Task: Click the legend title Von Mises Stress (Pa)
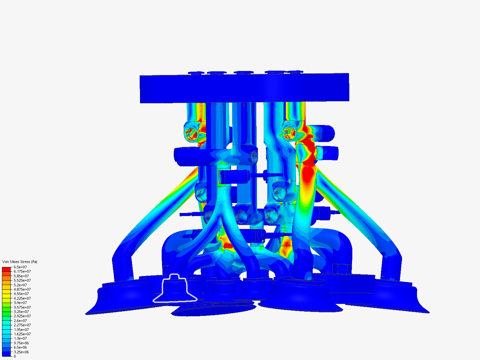tap(20, 262)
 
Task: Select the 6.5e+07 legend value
tap(20, 267)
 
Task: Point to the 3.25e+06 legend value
tap(21, 352)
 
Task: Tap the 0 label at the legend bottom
tap(15, 356)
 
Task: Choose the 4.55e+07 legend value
tap(21, 294)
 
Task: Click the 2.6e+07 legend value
tap(20, 321)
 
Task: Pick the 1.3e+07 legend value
tap(20, 338)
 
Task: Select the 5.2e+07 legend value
tap(20, 285)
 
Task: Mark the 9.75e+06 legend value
tap(21, 343)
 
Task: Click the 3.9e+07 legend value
tap(20, 303)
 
